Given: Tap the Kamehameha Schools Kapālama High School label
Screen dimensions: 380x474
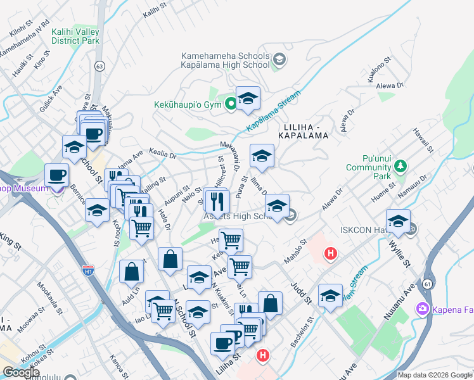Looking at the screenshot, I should pyautogui.click(x=225, y=60).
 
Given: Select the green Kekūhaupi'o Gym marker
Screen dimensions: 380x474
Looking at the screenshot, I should pyautogui.click(x=231, y=103).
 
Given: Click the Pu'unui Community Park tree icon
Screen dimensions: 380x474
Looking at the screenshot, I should pyautogui.click(x=400, y=167).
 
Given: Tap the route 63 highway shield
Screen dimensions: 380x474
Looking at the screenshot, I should pyautogui.click(x=99, y=65).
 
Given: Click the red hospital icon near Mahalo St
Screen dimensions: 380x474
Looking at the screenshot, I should pyautogui.click(x=330, y=254).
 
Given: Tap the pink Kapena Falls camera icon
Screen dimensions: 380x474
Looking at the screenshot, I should pyautogui.click(x=421, y=308).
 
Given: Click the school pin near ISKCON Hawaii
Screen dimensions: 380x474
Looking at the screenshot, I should pyautogui.click(x=398, y=221).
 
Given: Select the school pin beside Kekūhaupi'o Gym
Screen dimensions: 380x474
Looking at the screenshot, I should pyautogui.click(x=248, y=98).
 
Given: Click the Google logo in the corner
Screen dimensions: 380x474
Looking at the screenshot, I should pyautogui.click(x=21, y=373).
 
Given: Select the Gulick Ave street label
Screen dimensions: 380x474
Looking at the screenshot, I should pyautogui.click(x=51, y=101).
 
